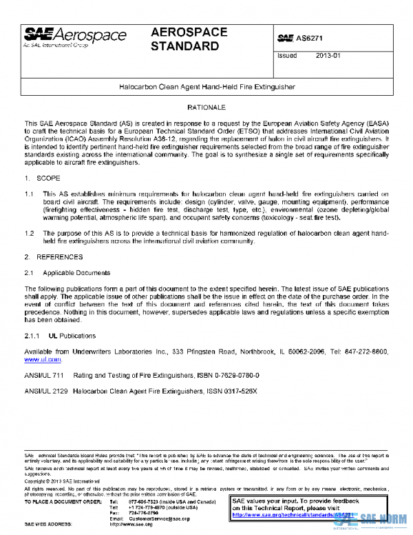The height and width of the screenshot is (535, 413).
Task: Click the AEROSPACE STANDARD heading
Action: point(185,40)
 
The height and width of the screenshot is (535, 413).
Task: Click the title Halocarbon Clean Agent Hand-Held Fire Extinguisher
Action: point(206,88)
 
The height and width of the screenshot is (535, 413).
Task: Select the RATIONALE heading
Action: point(206,109)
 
